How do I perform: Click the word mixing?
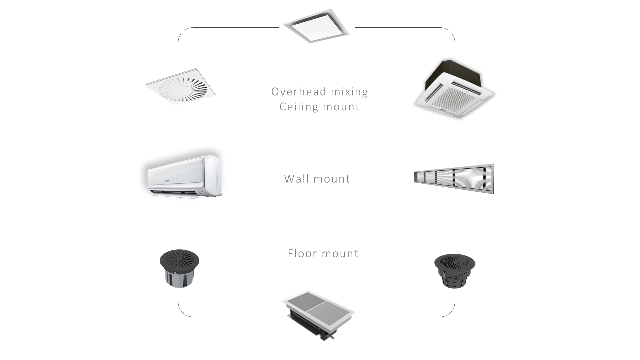[350, 92]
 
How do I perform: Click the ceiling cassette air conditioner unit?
[454, 90]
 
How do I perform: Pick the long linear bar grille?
[454, 178]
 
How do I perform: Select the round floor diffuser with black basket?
[455, 270]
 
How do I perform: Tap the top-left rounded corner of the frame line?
[182, 31]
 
